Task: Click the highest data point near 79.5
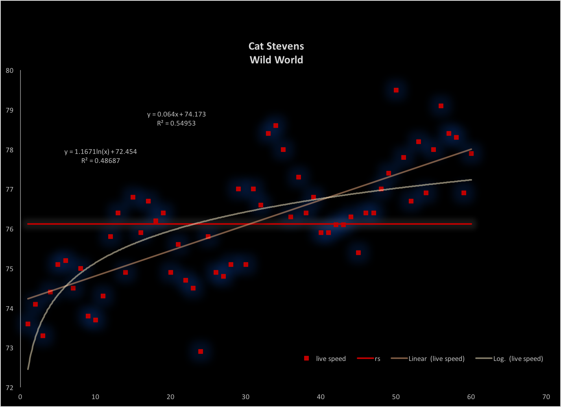396,90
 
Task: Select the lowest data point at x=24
201,351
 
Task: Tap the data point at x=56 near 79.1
441,106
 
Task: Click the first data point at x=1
28,324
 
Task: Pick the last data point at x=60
471,154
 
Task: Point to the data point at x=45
358,253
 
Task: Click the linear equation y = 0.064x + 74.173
177,115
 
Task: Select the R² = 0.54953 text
176,123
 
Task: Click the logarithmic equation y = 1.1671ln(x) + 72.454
101,152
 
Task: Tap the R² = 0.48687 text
101,160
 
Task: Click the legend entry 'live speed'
330,359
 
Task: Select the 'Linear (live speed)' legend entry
436,359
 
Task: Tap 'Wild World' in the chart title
276,60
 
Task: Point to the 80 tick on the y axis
9,71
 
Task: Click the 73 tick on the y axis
9,348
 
